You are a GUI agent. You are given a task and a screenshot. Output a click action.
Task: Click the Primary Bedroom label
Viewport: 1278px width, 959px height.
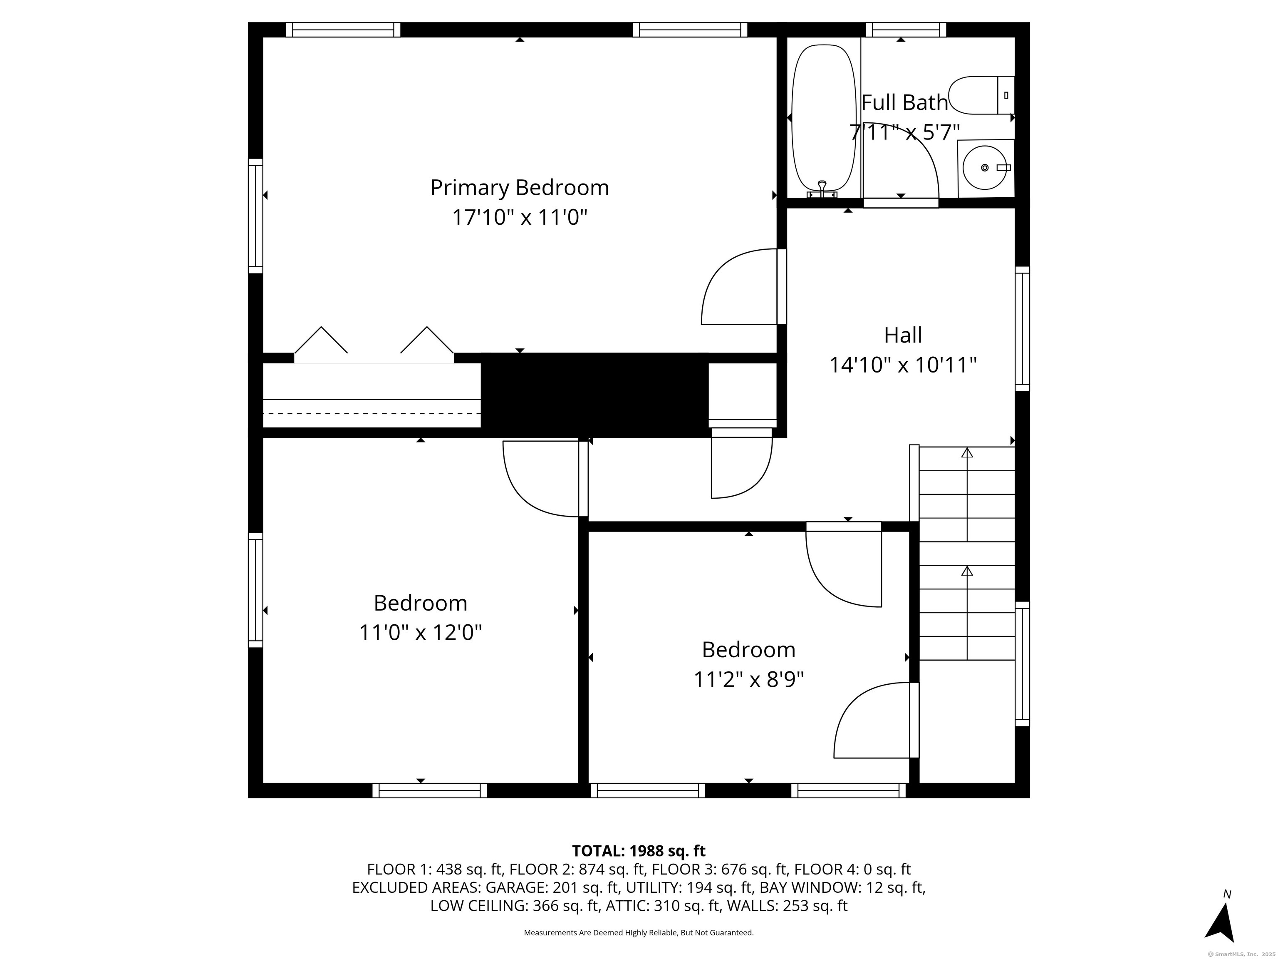tap(520, 188)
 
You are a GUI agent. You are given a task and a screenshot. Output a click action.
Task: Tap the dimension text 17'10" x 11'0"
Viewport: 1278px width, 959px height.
tap(520, 218)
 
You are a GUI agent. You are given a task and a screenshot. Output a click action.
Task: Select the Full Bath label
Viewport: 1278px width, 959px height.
tap(904, 103)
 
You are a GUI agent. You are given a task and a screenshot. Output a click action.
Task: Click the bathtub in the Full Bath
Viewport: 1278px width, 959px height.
tap(823, 119)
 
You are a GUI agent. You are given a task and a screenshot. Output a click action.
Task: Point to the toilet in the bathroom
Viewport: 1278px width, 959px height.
tap(981, 95)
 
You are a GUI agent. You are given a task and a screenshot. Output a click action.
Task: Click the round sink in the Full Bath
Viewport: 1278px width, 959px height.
tap(986, 168)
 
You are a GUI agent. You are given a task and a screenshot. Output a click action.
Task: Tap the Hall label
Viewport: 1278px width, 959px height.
tap(903, 335)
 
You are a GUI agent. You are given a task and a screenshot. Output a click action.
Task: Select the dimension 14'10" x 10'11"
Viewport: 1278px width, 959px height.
tap(903, 365)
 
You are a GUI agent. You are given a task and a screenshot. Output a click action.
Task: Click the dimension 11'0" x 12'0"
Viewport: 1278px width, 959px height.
tap(421, 633)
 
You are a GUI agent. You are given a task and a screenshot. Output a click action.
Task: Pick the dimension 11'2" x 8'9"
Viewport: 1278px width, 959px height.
tap(749, 680)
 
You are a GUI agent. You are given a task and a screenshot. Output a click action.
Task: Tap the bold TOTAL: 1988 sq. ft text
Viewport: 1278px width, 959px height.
tap(639, 851)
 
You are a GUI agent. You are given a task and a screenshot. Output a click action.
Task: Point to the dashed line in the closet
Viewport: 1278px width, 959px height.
tap(372, 413)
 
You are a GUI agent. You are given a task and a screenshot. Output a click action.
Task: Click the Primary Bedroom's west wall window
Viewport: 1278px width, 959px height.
tap(255, 216)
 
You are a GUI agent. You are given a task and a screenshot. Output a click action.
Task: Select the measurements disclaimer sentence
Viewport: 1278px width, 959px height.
tap(639, 932)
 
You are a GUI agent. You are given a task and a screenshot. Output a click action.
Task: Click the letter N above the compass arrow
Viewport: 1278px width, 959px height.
tap(1227, 894)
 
